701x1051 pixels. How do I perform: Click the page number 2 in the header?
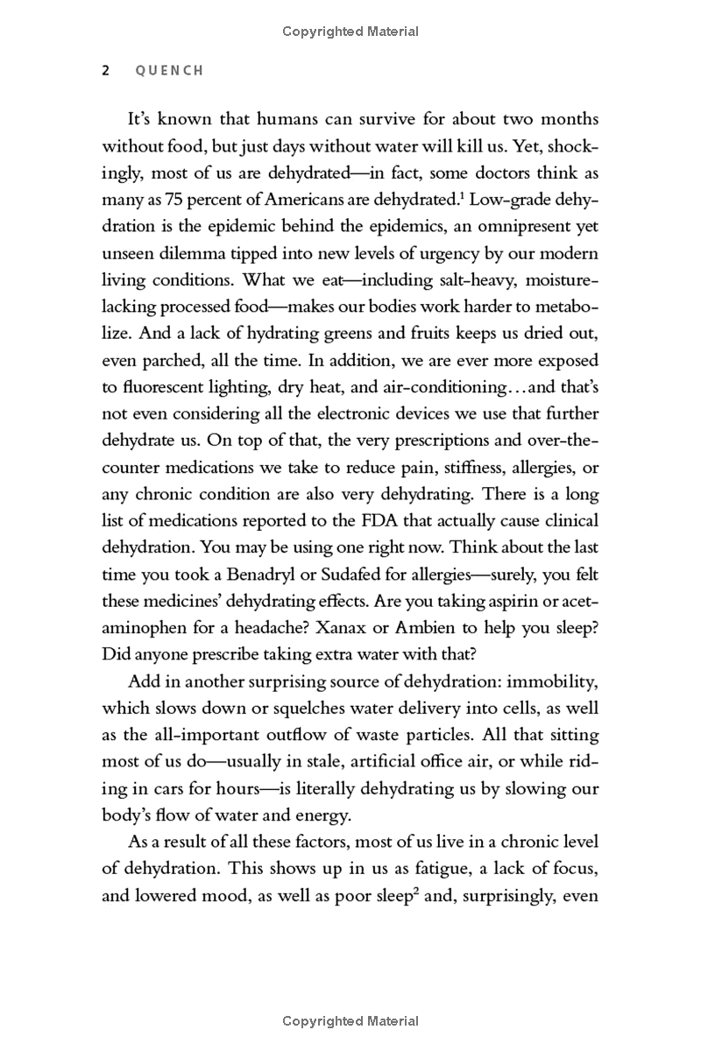pos(106,71)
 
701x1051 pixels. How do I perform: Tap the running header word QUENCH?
pos(169,71)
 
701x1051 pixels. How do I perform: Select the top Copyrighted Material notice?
pos(350,32)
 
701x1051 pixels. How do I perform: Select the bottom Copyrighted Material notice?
pos(350,1020)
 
